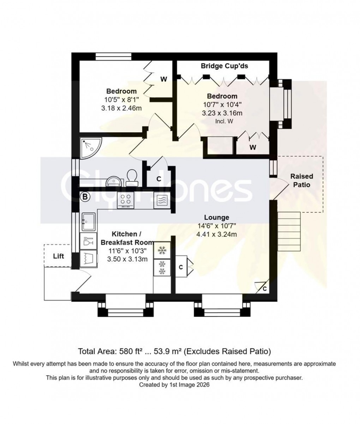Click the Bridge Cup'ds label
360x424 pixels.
(x=224, y=66)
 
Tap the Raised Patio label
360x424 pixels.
(x=301, y=180)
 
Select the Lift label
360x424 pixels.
(x=59, y=256)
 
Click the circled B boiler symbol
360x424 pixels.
(x=85, y=197)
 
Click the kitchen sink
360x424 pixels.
(x=88, y=222)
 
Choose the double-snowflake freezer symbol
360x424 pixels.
(x=162, y=267)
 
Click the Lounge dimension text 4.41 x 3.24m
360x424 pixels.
(x=217, y=234)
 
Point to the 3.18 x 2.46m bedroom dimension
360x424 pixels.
(x=121, y=108)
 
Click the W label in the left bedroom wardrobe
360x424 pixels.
(x=163, y=79)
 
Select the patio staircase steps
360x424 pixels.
(x=289, y=231)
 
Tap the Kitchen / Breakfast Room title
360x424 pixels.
(x=127, y=238)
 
